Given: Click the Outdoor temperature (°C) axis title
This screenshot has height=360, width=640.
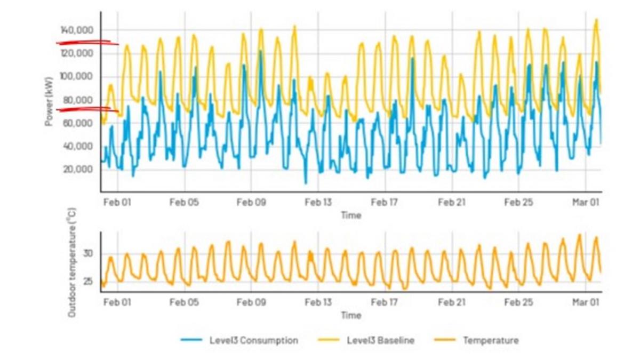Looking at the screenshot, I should tap(73, 262).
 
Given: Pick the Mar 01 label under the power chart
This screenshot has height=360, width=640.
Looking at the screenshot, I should tap(586, 202).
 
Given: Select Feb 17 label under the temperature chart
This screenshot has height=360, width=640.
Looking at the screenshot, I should tap(384, 302).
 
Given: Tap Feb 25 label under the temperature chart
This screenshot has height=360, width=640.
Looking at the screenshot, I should tap(518, 302).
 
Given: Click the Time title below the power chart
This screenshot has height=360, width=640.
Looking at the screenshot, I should tap(351, 215).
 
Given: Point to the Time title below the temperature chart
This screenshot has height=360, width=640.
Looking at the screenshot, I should tap(351, 315).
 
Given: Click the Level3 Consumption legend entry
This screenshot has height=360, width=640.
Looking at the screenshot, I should tap(253, 340).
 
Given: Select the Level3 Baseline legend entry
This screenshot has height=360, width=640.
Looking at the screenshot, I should tap(380, 340).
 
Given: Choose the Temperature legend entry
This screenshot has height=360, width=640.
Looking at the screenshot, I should tap(490, 340).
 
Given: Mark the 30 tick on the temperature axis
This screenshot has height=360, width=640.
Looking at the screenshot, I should tap(89, 254).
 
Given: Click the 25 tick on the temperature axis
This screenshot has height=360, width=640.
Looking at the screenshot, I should tap(89, 281).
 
